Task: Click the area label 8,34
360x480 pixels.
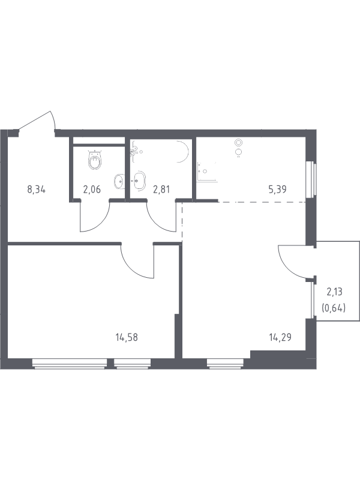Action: [x=37, y=190]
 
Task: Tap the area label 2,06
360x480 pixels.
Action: [x=92, y=190]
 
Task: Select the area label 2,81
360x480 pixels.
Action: [x=161, y=190]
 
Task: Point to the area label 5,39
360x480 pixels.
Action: [x=277, y=190]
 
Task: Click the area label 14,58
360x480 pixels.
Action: [x=127, y=338]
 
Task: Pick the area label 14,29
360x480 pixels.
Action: [x=280, y=338]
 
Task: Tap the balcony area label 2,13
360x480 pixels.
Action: [x=334, y=292]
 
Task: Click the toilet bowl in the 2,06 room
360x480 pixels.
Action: [x=95, y=160]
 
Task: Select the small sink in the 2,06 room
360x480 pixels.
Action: [x=119, y=182]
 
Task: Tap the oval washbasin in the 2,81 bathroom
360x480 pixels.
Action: [x=139, y=181]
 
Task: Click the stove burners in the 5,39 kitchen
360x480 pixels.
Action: [x=239, y=147]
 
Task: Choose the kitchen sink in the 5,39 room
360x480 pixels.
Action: [x=208, y=172]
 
